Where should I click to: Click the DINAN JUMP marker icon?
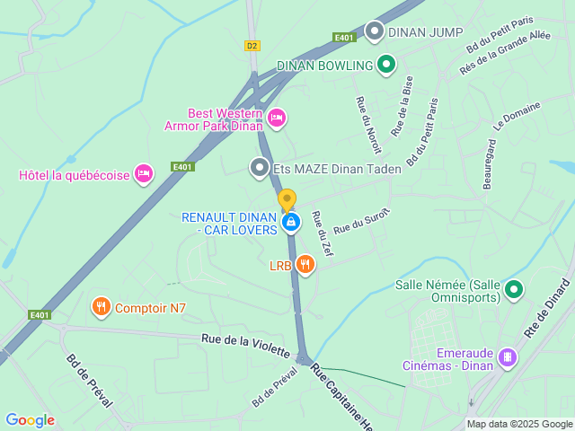(x=373, y=32)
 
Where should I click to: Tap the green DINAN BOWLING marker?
(x=386, y=65)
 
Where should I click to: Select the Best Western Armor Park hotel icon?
(x=277, y=117)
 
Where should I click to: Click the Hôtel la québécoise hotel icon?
(x=143, y=174)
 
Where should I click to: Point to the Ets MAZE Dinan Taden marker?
(x=260, y=167)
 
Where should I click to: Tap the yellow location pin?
(x=287, y=199)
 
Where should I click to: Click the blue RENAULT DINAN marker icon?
(x=290, y=222)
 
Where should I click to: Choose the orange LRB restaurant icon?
(x=305, y=264)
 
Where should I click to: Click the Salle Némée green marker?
(x=514, y=289)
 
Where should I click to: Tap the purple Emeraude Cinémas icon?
(x=508, y=357)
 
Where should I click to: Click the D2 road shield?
(x=252, y=45)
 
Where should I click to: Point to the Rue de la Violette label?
(x=245, y=344)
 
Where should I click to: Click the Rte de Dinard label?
(x=550, y=307)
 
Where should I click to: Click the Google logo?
(x=30, y=420)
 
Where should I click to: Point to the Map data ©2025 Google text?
(x=518, y=424)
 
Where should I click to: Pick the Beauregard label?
(x=490, y=163)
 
